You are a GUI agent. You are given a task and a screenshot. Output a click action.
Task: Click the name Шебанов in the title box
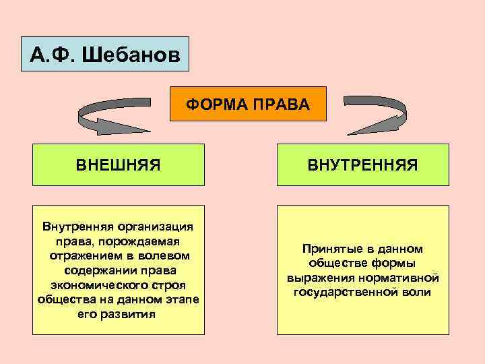131,55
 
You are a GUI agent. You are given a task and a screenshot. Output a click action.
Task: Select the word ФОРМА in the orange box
216,104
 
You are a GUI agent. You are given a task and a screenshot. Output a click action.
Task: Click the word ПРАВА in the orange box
280,104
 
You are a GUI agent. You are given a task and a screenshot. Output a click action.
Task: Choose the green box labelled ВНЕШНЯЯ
118,164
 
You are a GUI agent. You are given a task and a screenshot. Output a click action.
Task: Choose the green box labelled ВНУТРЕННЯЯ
362,164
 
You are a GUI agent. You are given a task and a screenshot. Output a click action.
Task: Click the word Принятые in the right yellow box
331,249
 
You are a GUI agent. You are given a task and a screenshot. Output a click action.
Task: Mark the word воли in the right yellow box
416,293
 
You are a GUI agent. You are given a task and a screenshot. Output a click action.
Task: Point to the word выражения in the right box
320,278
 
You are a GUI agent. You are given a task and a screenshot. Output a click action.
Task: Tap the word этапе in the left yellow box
182,299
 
